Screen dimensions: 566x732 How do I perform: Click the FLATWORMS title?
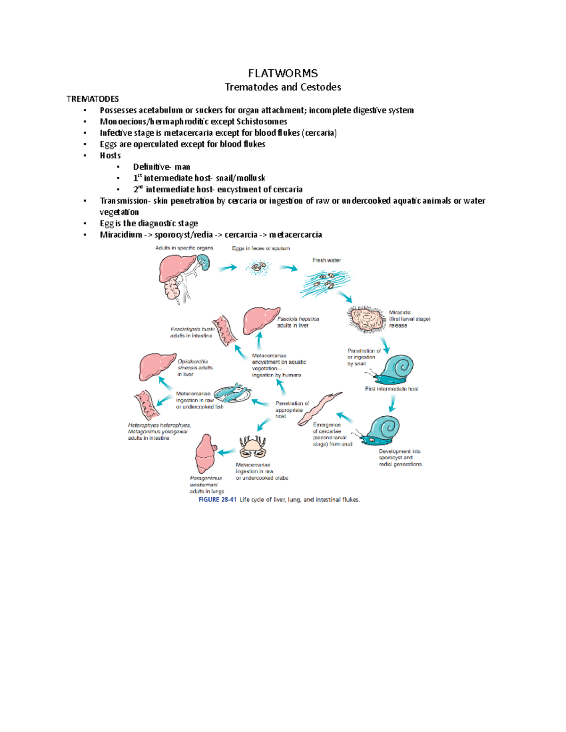coord(283,73)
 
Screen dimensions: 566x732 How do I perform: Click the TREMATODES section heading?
coord(92,99)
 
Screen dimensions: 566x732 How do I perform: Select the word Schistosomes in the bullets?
coord(262,122)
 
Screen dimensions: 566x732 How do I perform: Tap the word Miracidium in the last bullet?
coord(121,235)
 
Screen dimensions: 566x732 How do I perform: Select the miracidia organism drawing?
coord(366,319)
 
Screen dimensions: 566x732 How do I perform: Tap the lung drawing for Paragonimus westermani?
coord(205,454)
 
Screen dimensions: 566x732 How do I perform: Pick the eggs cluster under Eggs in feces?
coord(258,269)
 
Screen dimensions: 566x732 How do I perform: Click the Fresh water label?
coord(326,260)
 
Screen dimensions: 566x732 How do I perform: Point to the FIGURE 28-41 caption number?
coord(217,500)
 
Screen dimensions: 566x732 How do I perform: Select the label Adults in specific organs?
coord(184,248)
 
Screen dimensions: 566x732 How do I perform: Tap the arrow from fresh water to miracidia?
coord(346,297)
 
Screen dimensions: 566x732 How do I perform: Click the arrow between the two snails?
coord(392,403)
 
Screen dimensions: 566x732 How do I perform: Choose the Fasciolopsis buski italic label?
coord(192,329)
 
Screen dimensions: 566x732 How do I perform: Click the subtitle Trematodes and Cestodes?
coord(283,87)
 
